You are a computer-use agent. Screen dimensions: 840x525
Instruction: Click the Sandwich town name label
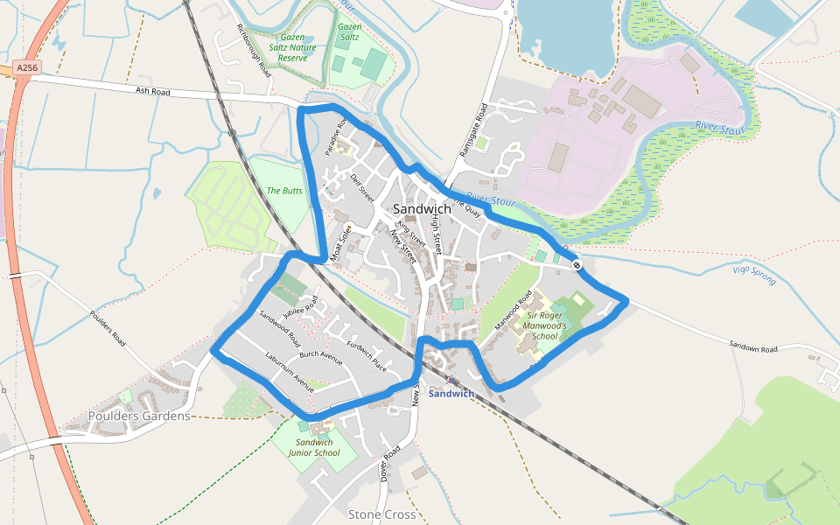tap(422, 209)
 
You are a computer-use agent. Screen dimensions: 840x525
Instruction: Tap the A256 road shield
tap(27, 67)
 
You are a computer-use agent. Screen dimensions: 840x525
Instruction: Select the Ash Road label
tap(152, 91)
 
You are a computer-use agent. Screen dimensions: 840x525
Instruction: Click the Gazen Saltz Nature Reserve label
tap(292, 47)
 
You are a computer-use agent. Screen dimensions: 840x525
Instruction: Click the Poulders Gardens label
tap(139, 416)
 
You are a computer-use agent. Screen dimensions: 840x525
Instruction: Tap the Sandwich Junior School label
tap(314, 447)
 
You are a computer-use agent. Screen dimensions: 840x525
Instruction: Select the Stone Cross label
tap(381, 514)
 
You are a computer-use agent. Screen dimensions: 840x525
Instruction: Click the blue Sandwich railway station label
tap(451, 394)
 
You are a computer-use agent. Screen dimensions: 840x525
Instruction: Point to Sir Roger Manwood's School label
tap(544, 325)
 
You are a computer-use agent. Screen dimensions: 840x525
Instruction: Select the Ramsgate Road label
tap(472, 131)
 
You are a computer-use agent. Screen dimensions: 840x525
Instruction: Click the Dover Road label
tap(390, 463)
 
